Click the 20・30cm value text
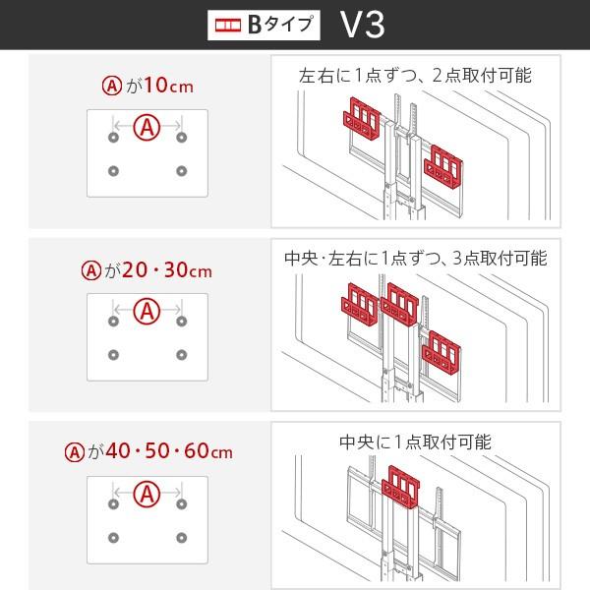point(172,269)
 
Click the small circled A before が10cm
point(111,86)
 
